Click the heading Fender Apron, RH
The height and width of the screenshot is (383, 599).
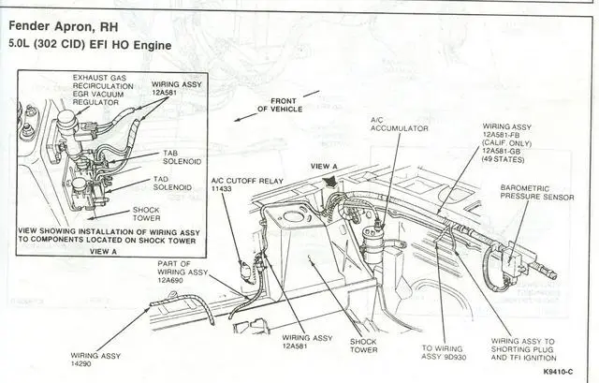pyautogui.click(x=64, y=26)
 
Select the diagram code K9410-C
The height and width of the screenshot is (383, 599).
pyautogui.click(x=558, y=372)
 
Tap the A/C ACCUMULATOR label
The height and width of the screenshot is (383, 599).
pyautogui.click(x=400, y=125)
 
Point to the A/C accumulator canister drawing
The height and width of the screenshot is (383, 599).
pyautogui.click(x=372, y=242)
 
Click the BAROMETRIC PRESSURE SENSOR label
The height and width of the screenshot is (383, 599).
pyautogui.click(x=537, y=193)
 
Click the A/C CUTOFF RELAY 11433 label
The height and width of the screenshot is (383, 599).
pyautogui.click(x=247, y=184)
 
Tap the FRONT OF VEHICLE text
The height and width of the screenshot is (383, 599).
pyautogui.click(x=280, y=105)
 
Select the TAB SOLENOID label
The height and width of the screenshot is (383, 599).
pyautogui.click(x=183, y=157)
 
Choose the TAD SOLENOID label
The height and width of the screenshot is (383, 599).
pyautogui.click(x=172, y=184)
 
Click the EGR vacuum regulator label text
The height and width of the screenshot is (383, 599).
pyautogui.click(x=103, y=90)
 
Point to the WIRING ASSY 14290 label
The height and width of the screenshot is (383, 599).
pyautogui.click(x=95, y=360)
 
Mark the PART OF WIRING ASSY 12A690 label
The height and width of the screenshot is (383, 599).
pyautogui.click(x=183, y=272)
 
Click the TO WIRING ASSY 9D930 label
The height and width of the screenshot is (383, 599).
pyautogui.click(x=444, y=353)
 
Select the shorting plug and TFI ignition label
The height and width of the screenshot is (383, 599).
pyautogui.click(x=524, y=349)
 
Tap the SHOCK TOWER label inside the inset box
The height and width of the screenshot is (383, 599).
pyautogui.click(x=146, y=214)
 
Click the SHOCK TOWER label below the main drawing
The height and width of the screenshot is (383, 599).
pyautogui.click(x=364, y=346)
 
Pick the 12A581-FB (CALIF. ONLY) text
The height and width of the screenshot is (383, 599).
pyautogui.click(x=507, y=140)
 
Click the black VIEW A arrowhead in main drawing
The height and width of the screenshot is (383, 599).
pyautogui.click(x=330, y=182)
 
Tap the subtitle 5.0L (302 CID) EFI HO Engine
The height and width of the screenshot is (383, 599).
pyautogui.click(x=90, y=44)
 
